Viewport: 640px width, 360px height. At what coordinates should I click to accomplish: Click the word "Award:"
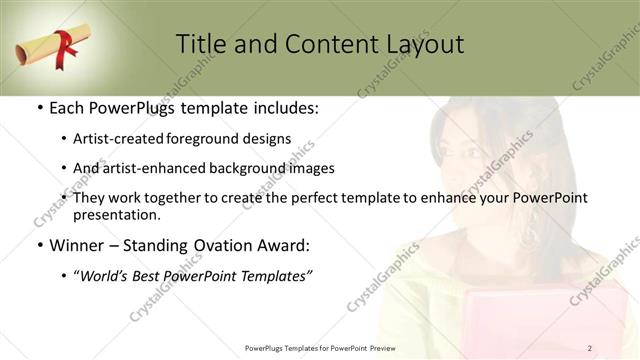[285, 246]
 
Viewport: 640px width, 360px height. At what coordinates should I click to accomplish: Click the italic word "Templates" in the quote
[275, 276]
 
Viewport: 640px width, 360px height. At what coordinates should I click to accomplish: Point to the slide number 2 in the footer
[590, 348]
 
